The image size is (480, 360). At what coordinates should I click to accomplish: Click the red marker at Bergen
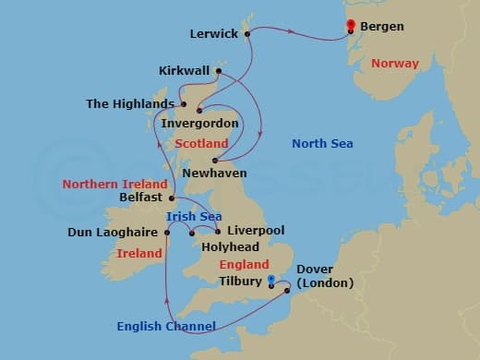tap(351, 26)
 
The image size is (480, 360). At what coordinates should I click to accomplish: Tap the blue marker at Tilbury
tap(270, 280)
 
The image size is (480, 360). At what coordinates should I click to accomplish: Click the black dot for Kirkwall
tap(219, 71)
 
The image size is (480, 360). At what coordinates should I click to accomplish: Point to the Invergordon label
tap(199, 123)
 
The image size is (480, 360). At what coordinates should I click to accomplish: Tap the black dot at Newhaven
tap(214, 161)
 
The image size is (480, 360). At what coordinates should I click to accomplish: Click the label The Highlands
tap(130, 103)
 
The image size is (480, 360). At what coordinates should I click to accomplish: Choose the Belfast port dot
tap(172, 198)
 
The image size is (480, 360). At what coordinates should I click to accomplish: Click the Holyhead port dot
tap(191, 233)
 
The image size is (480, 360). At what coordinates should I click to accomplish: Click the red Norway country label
tap(394, 64)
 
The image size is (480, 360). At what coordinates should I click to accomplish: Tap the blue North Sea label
tap(322, 143)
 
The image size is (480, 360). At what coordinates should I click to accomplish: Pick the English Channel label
tap(166, 326)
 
